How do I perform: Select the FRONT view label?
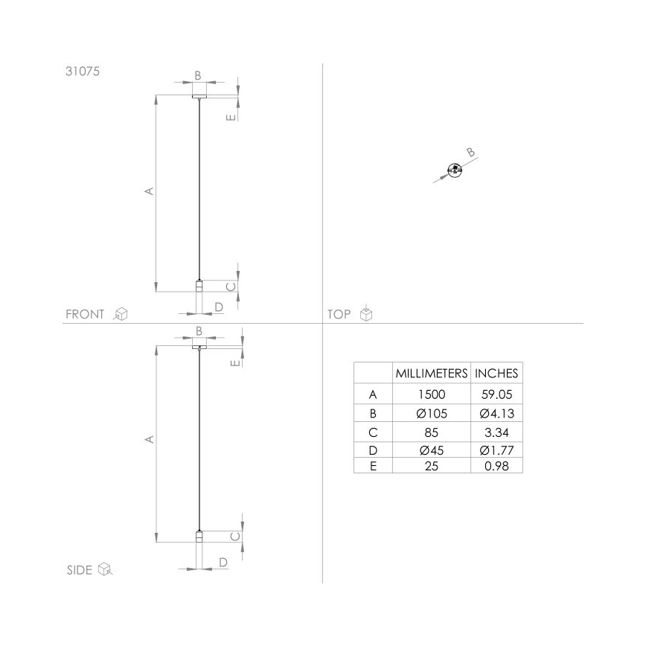85,314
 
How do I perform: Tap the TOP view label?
339,314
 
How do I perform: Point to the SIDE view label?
80,570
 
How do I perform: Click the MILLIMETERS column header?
431,373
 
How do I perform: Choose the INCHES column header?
496,373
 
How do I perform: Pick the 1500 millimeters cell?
431,395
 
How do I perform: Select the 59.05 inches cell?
496,395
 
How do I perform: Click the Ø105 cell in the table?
431,414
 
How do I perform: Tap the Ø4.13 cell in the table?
496,414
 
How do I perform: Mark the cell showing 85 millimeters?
431,432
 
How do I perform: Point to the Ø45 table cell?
431,450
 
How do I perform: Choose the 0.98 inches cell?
496,467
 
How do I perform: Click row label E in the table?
373,467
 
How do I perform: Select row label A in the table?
373,395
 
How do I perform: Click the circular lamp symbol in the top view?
454,170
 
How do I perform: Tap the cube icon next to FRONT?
121,314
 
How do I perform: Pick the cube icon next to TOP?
365,314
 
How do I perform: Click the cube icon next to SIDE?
105,570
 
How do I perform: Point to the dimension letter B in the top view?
470,153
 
